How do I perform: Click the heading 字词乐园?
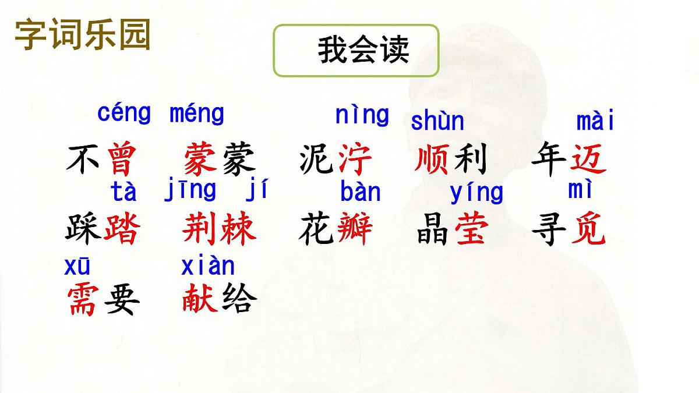pyautogui.click(x=83, y=34)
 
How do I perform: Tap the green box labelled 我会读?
pyautogui.click(x=356, y=50)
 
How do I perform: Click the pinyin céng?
pyautogui.click(x=124, y=113)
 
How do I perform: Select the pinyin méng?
pyautogui.click(x=196, y=114)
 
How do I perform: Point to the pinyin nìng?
pyautogui.click(x=362, y=115)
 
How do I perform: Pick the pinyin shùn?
pyautogui.click(x=437, y=121)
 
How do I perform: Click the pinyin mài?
pyautogui.click(x=595, y=122)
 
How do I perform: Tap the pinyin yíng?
pyautogui.click(x=476, y=193)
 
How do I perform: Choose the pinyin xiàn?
pyautogui.click(x=208, y=266)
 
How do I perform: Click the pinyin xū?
pyautogui.click(x=77, y=267)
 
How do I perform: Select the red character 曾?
pyautogui.click(x=122, y=159)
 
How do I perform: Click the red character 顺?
pyautogui.click(x=432, y=159)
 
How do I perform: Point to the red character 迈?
pyautogui.click(x=588, y=159)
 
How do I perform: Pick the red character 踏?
pyautogui.click(x=122, y=229)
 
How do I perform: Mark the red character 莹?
pyautogui.click(x=471, y=229)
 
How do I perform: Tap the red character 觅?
pyautogui.click(x=588, y=229)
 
